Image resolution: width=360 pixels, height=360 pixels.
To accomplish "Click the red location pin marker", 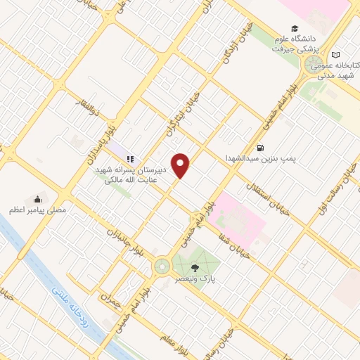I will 181,165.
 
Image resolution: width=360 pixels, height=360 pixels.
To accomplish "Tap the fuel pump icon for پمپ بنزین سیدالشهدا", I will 261,148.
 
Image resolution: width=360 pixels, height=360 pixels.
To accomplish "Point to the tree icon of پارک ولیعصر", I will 195,267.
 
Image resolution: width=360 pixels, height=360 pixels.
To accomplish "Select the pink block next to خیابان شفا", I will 239,215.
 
